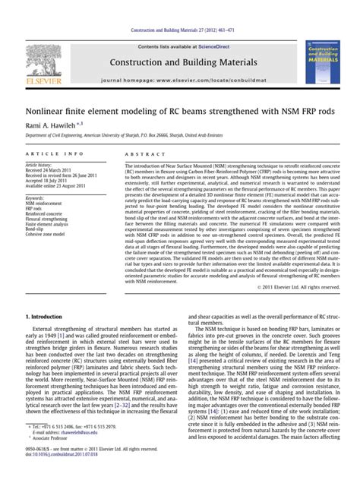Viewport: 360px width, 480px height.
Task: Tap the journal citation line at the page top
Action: click(x=180, y=31)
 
